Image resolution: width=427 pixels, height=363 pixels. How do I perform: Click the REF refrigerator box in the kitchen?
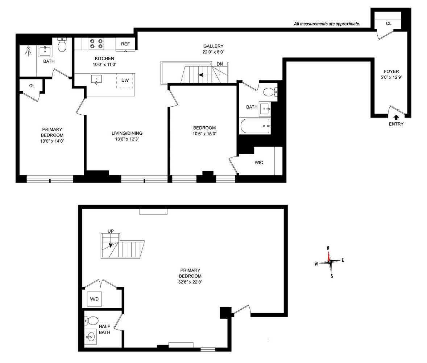[x=125, y=44]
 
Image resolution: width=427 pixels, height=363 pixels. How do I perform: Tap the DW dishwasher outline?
[x=125, y=80]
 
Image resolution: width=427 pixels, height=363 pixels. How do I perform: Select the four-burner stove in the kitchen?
[x=96, y=44]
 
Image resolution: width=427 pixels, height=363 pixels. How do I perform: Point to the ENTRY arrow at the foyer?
[x=396, y=117]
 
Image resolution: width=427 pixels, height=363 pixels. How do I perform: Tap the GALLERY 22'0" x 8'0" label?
[x=213, y=49]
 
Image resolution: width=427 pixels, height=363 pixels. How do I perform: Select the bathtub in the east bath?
[x=255, y=126]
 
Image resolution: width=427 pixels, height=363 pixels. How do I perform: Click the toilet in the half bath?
[x=92, y=321]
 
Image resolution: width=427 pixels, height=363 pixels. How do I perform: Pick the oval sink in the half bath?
[x=90, y=337]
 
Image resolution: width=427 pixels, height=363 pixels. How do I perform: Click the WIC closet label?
[x=258, y=162]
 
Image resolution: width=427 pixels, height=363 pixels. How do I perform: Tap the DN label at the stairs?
[x=220, y=64]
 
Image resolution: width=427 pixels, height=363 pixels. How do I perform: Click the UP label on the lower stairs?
[x=111, y=231]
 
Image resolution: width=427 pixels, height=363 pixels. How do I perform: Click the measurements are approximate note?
[x=327, y=24]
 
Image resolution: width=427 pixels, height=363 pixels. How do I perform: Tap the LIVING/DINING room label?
[x=127, y=133]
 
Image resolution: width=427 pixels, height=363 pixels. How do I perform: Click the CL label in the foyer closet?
[x=389, y=23]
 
